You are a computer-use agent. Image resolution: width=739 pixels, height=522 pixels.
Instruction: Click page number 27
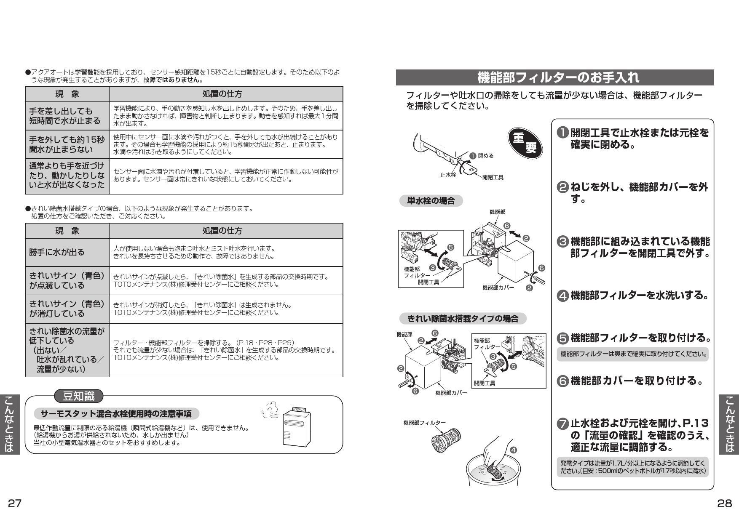point(15,503)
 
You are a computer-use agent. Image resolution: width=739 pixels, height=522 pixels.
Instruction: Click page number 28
point(725,503)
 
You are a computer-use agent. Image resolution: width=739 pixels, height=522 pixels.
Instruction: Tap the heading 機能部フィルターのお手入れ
point(554,77)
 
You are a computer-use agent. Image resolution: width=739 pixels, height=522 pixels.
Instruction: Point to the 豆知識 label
point(79,396)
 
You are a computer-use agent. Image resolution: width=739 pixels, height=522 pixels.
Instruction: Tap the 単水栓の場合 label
point(431,201)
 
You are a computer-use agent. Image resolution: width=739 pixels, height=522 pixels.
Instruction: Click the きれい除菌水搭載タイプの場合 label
point(462,319)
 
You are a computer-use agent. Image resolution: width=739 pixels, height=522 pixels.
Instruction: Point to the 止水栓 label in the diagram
point(448,175)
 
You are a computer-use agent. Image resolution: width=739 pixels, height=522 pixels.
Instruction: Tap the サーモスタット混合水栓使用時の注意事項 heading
point(116,414)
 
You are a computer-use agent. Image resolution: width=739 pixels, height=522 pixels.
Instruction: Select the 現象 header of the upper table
point(67,94)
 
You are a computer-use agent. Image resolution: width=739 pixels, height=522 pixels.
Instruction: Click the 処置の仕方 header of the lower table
point(226,231)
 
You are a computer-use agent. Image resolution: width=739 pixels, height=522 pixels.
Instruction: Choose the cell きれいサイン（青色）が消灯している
point(67,309)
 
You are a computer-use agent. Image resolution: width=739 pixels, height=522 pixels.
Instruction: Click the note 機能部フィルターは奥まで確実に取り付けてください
point(633,354)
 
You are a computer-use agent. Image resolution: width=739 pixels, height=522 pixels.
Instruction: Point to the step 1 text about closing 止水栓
point(639,139)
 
